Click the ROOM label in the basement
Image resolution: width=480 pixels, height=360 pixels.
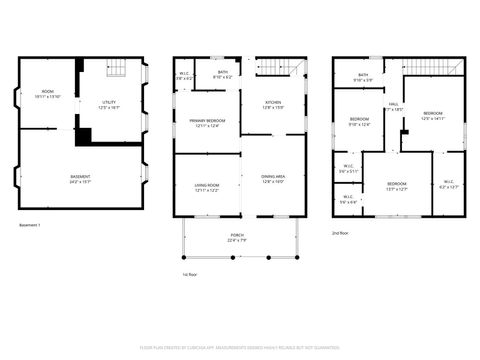point(47,95)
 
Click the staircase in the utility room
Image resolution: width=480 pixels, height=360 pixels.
point(118,69)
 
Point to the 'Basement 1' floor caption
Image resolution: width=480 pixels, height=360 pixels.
point(30,226)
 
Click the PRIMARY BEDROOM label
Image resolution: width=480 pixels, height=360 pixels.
point(207,123)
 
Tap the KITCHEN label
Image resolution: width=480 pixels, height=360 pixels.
point(273,104)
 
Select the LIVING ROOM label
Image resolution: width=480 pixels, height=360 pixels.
point(207,187)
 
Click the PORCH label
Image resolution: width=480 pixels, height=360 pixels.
point(236,238)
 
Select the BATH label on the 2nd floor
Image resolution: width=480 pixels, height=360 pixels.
point(363,77)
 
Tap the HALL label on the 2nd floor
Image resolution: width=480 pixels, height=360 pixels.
point(394,106)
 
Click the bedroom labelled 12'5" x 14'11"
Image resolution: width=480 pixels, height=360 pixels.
point(433,116)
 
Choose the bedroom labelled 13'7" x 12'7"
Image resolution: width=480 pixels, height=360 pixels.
point(397,186)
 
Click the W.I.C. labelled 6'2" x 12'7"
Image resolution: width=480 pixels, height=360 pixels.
point(447,184)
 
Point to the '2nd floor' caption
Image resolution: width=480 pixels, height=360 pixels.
point(342,232)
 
